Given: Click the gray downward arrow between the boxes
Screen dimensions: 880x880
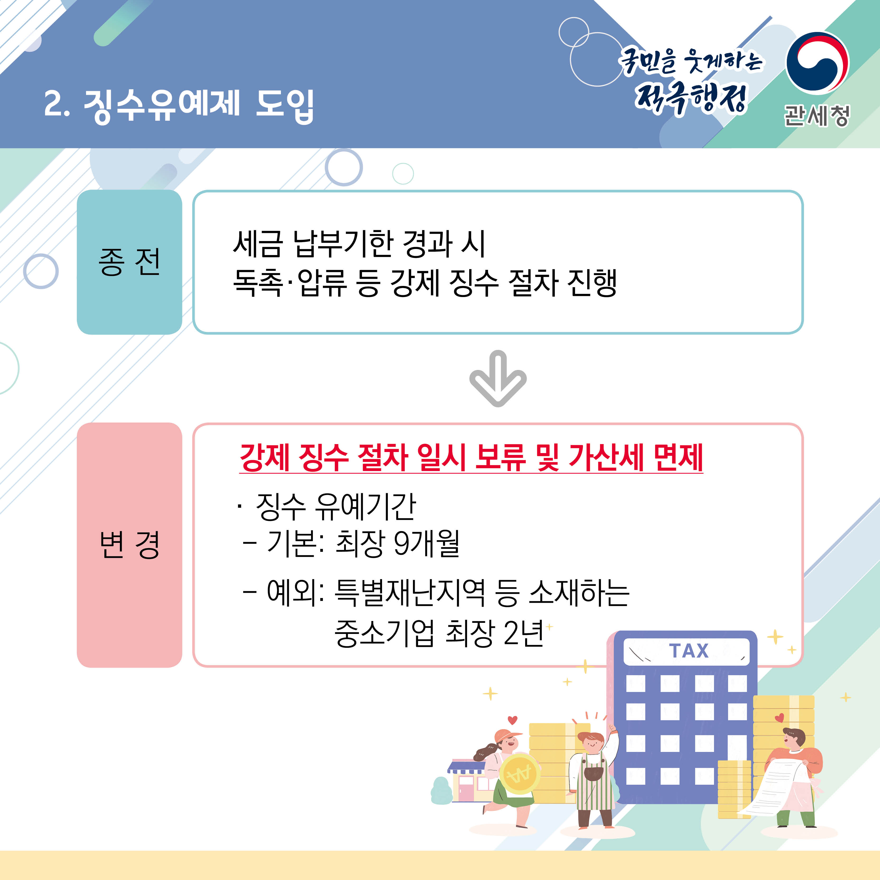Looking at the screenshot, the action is click(498, 378).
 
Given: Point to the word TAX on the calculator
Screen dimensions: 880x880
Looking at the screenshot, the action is click(689, 651).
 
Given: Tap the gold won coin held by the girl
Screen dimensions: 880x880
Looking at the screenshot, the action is click(519, 773).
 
